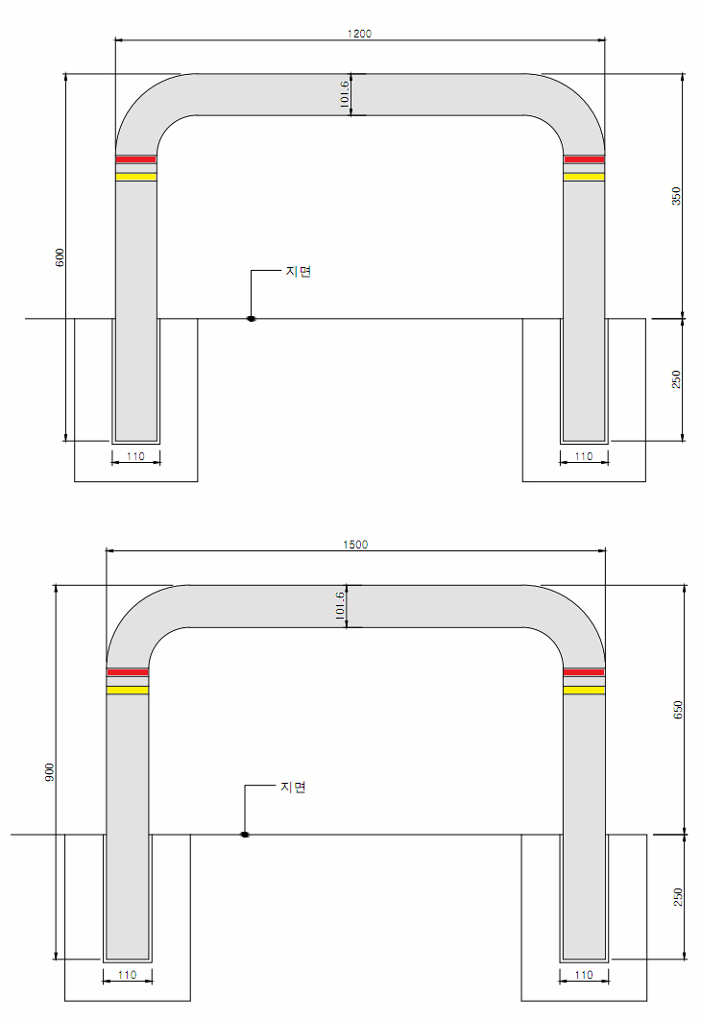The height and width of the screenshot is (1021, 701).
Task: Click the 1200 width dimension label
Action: click(359, 34)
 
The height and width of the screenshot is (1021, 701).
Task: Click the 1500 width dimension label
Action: click(355, 545)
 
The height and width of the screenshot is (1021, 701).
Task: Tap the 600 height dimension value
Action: click(60, 257)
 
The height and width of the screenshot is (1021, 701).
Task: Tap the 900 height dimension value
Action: click(50, 771)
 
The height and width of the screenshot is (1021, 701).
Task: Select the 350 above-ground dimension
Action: click(676, 196)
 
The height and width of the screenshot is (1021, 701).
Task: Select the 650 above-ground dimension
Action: click(678, 710)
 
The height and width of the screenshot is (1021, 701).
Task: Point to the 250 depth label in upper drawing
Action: click(676, 379)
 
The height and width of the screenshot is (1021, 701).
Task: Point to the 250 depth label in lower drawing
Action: click(678, 897)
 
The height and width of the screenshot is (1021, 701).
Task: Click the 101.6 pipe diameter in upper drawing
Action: click(345, 94)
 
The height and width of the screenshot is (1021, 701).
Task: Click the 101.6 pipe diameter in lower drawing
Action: click(340, 605)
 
